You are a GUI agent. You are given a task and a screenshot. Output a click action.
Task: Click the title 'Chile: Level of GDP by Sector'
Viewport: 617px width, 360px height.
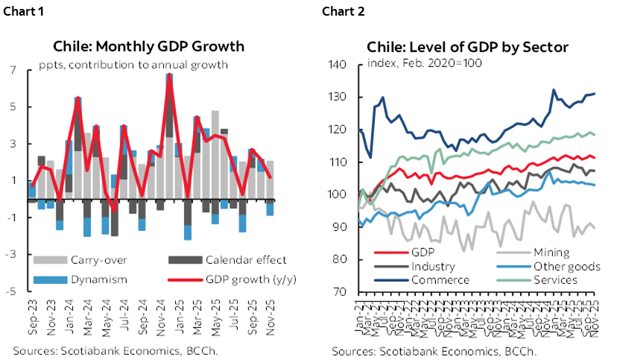click(467, 47)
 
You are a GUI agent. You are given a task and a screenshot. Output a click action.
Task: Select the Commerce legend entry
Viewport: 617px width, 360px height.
click(440, 280)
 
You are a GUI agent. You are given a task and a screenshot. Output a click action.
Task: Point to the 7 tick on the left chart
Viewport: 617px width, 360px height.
click(13, 70)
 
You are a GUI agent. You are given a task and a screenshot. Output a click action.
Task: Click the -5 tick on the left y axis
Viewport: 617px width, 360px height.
click(11, 291)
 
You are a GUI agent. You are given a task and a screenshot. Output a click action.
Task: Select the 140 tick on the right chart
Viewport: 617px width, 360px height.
click(338, 65)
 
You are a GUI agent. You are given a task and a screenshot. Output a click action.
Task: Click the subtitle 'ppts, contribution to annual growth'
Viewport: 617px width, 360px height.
click(133, 64)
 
